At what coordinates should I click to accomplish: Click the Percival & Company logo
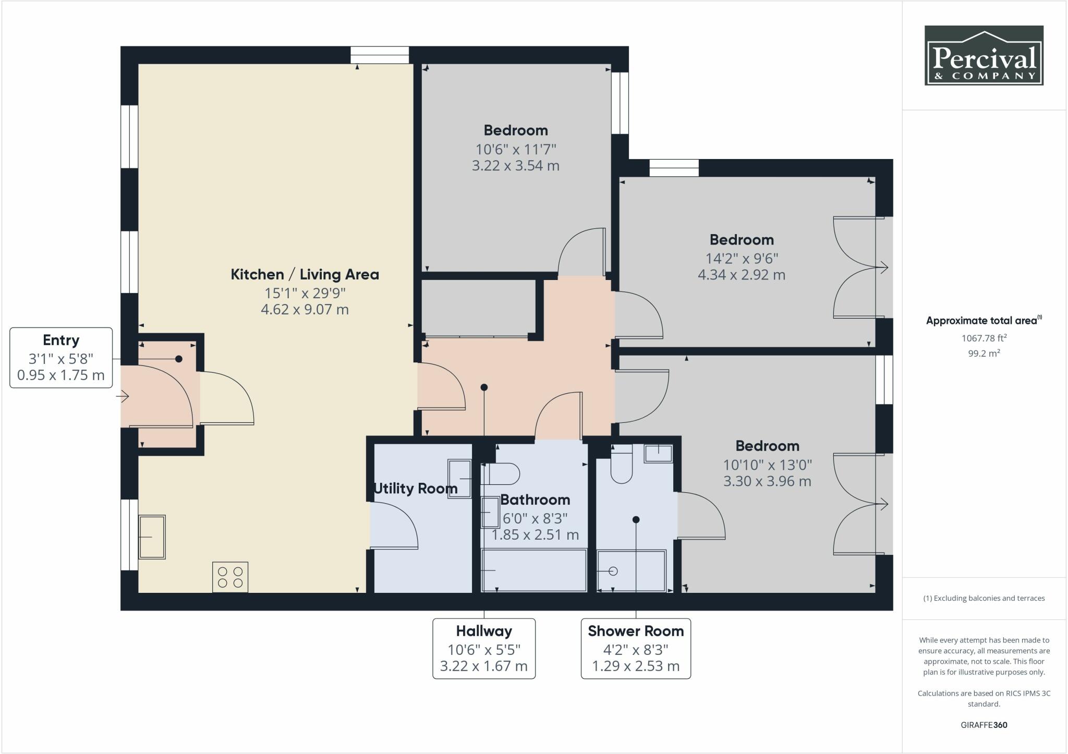tap(984, 55)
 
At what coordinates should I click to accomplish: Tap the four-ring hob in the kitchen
tap(230, 577)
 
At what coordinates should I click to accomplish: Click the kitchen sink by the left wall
tap(152, 537)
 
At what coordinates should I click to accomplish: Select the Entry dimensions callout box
tap(61, 358)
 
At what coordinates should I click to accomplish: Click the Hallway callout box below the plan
tap(484, 649)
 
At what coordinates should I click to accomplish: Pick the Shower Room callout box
tap(636, 649)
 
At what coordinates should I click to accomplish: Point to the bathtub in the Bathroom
tap(535, 570)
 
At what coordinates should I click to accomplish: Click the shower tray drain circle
tap(613, 571)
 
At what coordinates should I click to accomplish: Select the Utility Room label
tap(416, 489)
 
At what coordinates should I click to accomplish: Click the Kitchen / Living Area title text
tap(305, 274)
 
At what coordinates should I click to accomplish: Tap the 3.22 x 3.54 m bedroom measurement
tap(515, 166)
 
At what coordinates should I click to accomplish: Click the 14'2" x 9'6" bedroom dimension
tap(741, 258)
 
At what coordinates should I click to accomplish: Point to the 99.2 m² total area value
tap(983, 353)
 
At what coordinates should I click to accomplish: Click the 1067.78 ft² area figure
tap(983, 338)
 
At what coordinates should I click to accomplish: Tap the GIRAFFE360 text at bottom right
tap(984, 725)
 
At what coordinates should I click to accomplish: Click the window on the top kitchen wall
tap(379, 55)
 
